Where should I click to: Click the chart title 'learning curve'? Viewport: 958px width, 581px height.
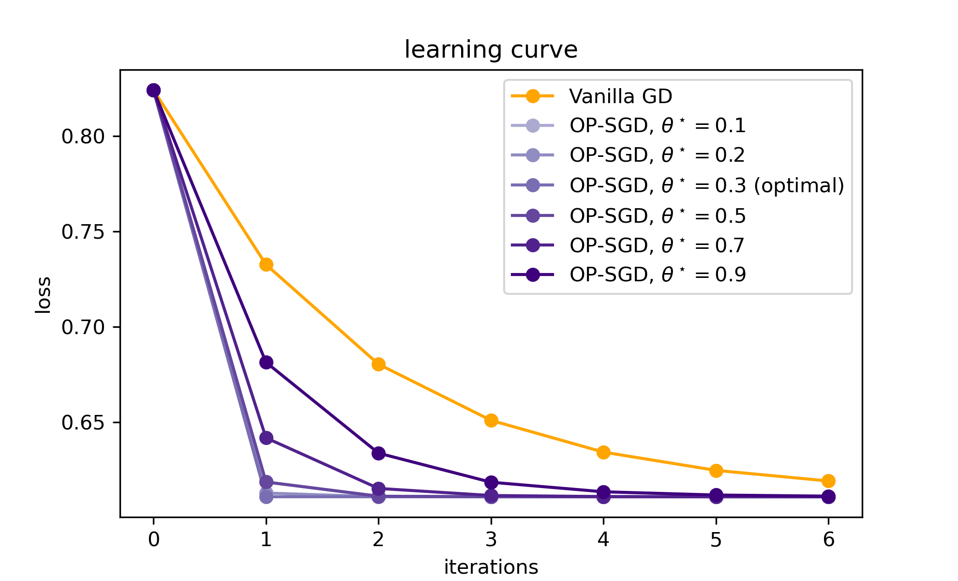491,50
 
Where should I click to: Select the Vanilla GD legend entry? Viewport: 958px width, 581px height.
620,96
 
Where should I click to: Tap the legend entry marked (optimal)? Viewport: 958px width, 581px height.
706,185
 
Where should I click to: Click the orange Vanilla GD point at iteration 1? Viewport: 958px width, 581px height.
266,264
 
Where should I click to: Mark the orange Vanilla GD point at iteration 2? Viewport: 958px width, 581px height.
378,364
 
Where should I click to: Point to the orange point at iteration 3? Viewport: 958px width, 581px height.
491,420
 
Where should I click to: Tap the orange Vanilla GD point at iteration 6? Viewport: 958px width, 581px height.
828,481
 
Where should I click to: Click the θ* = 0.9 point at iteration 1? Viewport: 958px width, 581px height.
266,362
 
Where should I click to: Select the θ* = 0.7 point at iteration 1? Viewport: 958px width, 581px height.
266,438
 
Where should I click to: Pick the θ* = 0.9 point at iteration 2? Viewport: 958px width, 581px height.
378,453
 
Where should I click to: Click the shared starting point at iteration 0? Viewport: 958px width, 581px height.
153,90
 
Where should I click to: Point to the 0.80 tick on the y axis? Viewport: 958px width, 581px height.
83,137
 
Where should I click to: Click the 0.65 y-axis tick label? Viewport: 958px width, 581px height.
83,423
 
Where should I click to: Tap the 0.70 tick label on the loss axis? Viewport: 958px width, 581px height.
83,327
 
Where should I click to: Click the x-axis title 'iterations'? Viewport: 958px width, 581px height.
491,567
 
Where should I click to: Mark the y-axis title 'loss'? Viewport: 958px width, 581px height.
44,294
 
